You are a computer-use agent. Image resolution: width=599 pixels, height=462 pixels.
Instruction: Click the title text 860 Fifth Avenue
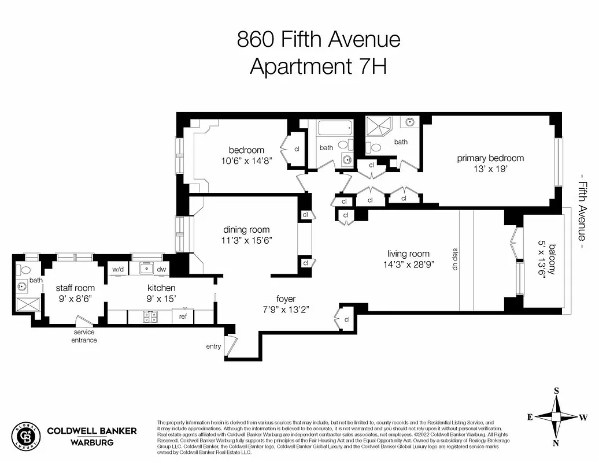point(319,40)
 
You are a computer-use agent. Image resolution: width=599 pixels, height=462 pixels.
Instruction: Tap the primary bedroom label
point(490,158)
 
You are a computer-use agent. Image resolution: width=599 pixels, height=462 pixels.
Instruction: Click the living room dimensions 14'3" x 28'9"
point(408,265)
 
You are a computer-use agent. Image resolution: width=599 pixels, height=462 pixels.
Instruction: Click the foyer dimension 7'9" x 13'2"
point(286,309)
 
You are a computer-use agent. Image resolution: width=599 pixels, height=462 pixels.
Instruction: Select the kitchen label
point(161,288)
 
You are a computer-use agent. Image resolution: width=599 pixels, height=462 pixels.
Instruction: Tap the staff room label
point(75,288)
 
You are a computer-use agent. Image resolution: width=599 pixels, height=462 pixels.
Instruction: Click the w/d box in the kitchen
point(118,269)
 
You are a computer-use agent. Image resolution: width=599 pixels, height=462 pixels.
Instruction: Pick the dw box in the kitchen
point(161,269)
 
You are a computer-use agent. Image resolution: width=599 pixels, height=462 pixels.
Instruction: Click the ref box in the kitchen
point(183,316)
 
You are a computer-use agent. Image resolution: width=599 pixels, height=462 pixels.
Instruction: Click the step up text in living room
point(454,260)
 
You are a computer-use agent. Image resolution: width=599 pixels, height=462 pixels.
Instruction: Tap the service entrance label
point(84,336)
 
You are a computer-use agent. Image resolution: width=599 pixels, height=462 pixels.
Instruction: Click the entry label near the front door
point(213,346)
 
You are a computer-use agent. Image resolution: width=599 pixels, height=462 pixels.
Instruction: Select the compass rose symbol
point(556,417)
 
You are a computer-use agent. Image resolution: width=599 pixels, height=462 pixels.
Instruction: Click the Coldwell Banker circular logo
point(27,436)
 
